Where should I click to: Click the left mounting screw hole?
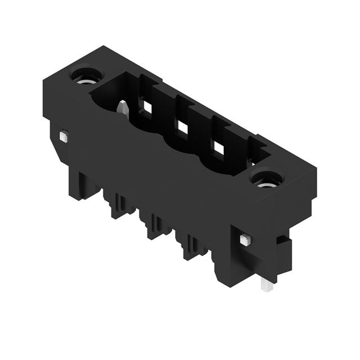[85, 75]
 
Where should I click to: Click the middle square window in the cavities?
[182, 128]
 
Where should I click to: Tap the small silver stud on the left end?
[64, 136]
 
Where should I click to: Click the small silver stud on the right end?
[244, 240]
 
